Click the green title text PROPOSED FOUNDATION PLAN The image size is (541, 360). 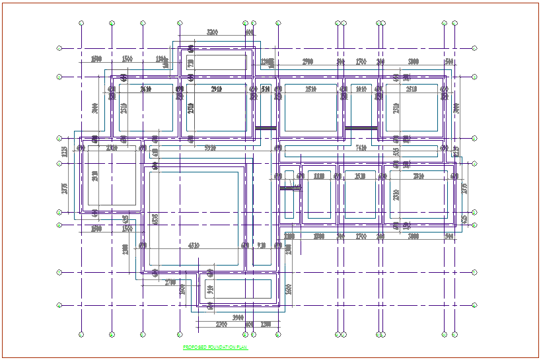215,347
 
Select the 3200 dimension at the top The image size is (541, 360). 212,32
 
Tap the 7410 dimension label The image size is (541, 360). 361,147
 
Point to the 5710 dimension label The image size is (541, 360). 210,147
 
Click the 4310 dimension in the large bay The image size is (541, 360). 194,245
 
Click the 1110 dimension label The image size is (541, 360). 319,176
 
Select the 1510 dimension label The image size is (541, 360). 360,176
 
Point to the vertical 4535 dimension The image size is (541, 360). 155,219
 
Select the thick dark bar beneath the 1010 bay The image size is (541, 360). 361,127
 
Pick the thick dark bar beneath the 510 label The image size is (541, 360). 266,127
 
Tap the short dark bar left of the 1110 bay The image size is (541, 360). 289,188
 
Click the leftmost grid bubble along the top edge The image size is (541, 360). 81,23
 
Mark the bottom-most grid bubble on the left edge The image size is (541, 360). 59,305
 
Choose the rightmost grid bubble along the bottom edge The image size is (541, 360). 454,334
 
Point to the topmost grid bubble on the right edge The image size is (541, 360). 474,48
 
